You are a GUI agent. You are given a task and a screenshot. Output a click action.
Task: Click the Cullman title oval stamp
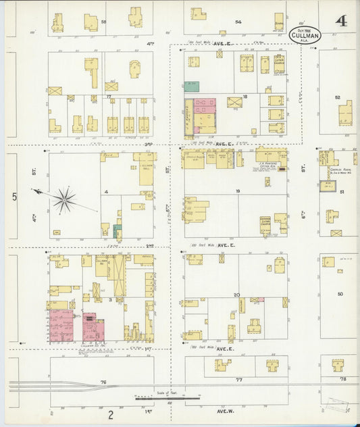pyautogui.click(x=305, y=34)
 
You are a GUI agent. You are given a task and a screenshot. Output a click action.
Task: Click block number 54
pyautogui.click(x=238, y=22)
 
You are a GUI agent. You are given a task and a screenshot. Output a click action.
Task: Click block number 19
pyautogui.click(x=238, y=192)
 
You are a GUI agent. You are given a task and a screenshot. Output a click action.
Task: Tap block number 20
pyautogui.click(x=236, y=295)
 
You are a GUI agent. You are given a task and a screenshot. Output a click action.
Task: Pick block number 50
pyautogui.click(x=340, y=294)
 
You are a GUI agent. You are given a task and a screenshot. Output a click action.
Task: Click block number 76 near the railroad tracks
pyautogui.click(x=104, y=382)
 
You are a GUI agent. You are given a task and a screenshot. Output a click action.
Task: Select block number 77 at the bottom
pyautogui.click(x=238, y=380)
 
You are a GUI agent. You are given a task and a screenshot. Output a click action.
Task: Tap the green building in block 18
pyautogui.click(x=192, y=86)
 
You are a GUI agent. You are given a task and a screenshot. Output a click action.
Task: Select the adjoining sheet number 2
pyautogui.click(x=109, y=414)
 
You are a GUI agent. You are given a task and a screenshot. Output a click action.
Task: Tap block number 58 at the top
pyautogui.click(x=103, y=22)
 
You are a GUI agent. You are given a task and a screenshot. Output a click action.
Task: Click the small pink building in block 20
pyautogui.click(x=257, y=299)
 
